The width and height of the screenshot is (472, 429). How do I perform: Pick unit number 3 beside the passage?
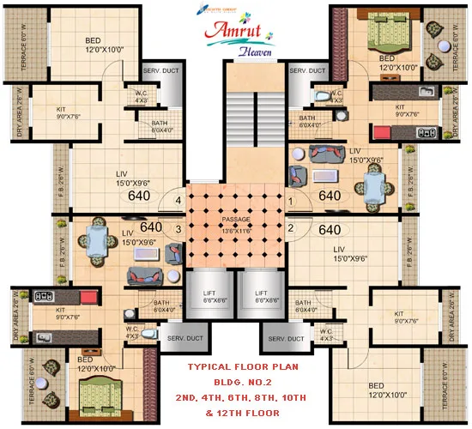(179, 229)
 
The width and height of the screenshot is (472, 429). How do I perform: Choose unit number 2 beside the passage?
(291, 229)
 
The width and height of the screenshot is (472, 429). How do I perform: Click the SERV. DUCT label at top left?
(160, 70)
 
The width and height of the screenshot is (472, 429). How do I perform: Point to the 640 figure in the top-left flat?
(139, 196)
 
